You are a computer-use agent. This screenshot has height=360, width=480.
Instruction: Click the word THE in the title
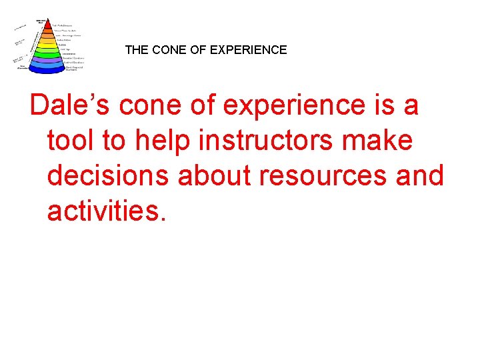click(136, 50)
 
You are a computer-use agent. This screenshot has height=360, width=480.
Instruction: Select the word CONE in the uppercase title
click(168, 50)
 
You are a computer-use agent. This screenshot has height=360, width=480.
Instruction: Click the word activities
click(104, 211)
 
